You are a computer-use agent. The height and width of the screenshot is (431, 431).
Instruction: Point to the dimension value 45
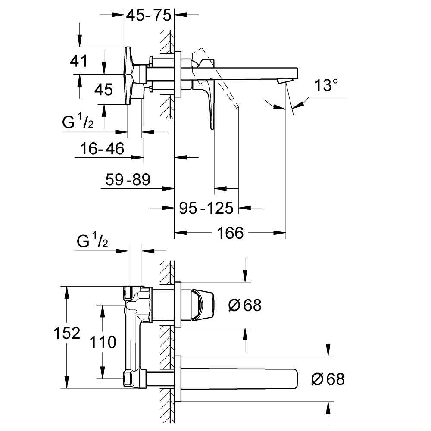click(104, 90)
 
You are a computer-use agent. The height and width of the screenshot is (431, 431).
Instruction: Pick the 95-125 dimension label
click(206, 209)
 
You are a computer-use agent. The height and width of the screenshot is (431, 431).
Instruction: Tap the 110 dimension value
click(103, 342)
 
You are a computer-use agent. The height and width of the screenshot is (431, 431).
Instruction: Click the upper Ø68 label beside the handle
click(244, 306)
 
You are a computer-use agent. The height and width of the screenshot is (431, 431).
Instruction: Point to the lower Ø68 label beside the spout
click(328, 379)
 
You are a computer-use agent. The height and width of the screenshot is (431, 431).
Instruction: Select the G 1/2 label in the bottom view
click(92, 242)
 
